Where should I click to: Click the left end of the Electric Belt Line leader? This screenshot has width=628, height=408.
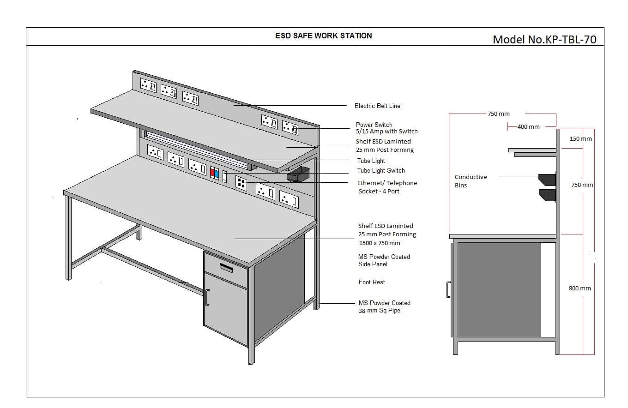(234, 105)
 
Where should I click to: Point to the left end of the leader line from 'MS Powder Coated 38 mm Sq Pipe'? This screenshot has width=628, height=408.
(319, 303)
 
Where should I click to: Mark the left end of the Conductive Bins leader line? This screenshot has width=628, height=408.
(500, 176)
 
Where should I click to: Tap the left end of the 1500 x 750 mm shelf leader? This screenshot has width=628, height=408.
(235, 239)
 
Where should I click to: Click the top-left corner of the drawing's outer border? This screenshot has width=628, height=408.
(26, 28)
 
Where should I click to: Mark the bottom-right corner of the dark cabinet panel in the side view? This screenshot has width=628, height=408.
(541, 337)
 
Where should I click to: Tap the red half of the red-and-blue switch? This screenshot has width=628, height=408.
(212, 172)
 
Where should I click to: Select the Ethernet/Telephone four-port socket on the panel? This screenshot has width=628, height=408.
(241, 183)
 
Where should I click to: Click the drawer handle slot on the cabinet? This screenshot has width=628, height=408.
(226, 268)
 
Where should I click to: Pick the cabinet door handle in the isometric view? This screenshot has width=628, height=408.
(207, 297)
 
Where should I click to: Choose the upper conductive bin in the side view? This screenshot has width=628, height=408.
(547, 180)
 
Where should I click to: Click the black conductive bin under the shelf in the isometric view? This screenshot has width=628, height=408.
(298, 174)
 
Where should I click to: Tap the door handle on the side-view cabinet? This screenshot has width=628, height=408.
(448, 289)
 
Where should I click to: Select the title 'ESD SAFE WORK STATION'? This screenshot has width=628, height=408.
(324, 36)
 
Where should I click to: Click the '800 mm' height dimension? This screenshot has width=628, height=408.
(580, 288)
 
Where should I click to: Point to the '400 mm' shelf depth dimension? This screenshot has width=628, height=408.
(528, 126)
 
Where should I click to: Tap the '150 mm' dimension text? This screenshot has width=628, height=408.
(580, 139)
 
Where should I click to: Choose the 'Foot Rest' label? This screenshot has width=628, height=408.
(372, 282)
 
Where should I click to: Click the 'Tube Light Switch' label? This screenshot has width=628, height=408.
(381, 171)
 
